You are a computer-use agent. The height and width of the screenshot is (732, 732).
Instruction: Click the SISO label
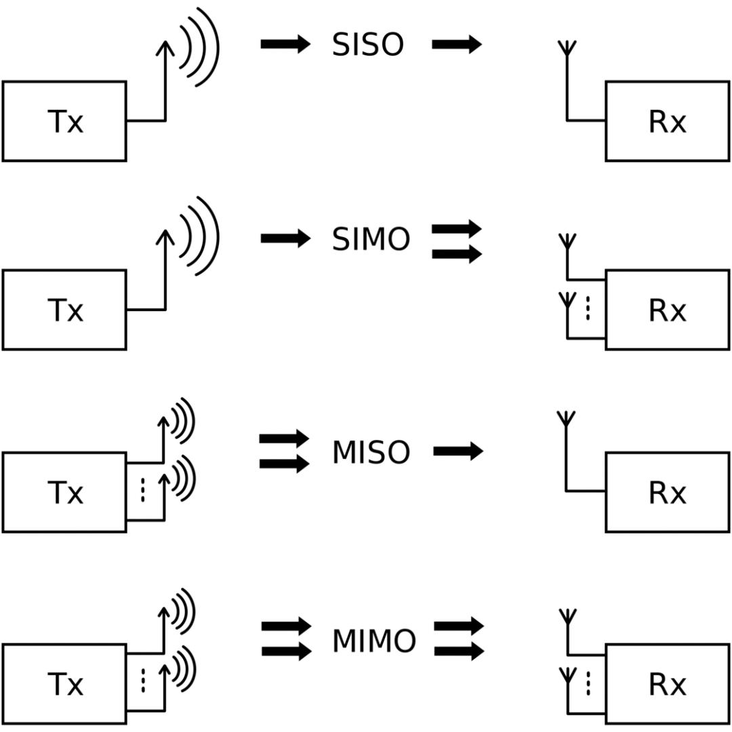point(367,45)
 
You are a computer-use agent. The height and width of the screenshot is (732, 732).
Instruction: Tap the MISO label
point(371,452)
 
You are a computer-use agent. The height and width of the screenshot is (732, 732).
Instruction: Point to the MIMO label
point(373,641)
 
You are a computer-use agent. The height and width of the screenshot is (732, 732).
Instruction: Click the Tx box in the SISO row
point(64,121)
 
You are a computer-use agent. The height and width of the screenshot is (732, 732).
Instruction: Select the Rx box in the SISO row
point(667,121)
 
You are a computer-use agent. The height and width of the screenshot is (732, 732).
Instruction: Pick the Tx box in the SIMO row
point(64,310)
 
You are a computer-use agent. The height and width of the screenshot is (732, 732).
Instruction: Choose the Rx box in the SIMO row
point(667,310)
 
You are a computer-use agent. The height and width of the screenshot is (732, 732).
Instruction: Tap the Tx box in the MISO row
point(64,492)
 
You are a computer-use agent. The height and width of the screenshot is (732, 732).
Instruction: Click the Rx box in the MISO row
point(667,492)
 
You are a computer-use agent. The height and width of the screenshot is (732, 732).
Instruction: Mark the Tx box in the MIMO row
point(64,684)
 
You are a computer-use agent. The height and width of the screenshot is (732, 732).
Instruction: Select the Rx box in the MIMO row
point(667,684)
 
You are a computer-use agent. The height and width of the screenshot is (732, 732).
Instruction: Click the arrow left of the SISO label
point(285,45)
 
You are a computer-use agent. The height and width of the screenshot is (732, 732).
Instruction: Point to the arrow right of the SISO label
point(457,45)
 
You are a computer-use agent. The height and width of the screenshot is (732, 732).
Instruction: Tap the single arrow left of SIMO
point(285,239)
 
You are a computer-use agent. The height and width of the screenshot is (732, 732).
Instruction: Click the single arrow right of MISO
point(458,451)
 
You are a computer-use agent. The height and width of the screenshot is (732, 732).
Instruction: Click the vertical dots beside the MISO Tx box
point(142,491)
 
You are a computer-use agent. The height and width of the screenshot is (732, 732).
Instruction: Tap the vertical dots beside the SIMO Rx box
point(588,308)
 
